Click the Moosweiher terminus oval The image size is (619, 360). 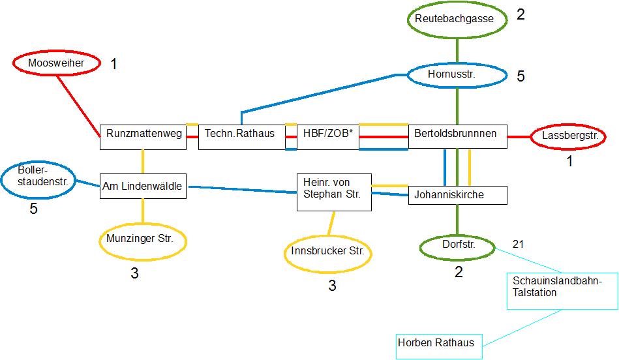57,63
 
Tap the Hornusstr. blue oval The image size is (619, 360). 457,76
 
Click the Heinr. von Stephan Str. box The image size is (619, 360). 334,192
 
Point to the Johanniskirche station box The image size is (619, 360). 457,195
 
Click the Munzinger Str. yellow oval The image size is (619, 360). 142,239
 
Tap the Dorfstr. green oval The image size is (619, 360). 457,247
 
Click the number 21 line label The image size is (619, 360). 519,244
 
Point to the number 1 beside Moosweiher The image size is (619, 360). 114,64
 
